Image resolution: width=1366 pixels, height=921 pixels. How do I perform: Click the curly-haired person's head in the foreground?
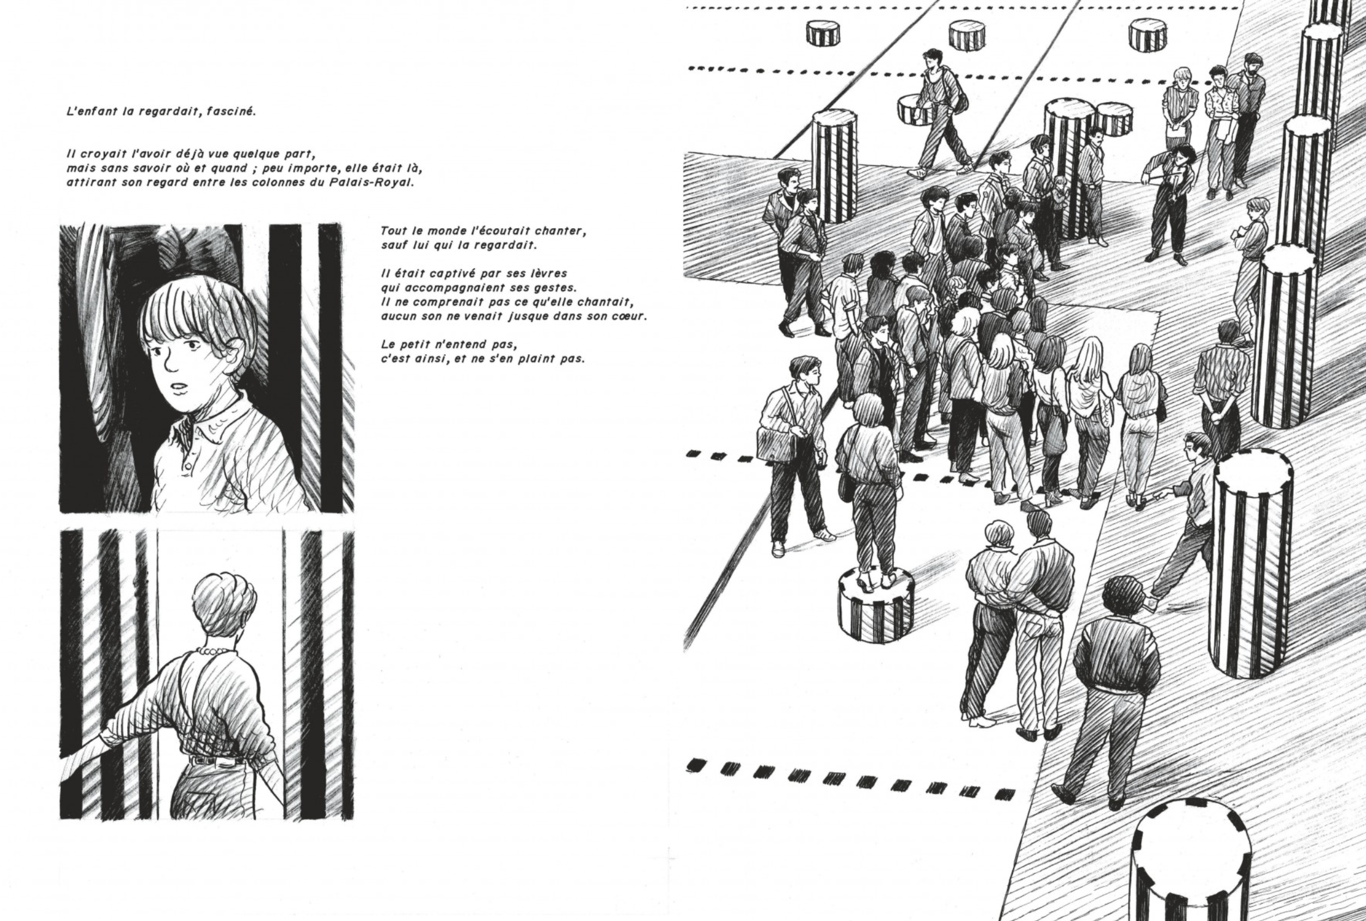[1120, 598]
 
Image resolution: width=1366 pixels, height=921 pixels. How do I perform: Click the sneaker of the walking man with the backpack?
[919, 173]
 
